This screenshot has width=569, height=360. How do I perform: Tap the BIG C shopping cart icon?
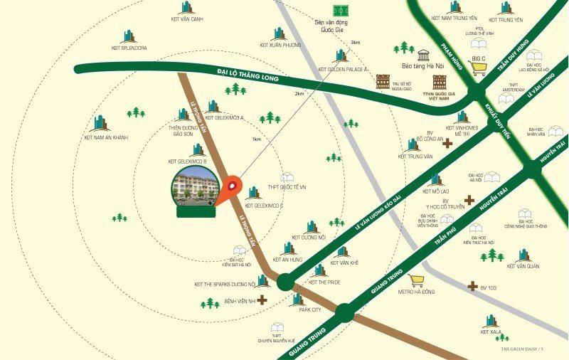(x=478, y=68)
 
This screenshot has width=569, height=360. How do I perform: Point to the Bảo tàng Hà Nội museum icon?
(x=425, y=54)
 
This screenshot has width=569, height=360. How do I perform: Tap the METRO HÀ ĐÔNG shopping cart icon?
(x=417, y=280)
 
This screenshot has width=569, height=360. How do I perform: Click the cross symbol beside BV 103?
(x=473, y=286)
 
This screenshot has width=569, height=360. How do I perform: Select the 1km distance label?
(x=256, y=139)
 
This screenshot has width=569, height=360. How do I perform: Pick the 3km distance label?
(x=355, y=42)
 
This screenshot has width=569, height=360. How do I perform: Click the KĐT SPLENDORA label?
(x=129, y=48)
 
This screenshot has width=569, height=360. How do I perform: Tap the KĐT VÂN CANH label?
(x=187, y=19)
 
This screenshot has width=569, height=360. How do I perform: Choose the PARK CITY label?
(x=310, y=310)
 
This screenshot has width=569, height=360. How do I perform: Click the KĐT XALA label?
(x=490, y=332)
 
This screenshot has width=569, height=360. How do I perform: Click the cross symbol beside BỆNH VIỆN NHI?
(x=262, y=300)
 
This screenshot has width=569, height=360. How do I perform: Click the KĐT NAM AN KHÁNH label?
(x=106, y=137)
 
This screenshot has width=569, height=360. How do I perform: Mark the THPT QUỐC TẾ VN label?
(x=287, y=187)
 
